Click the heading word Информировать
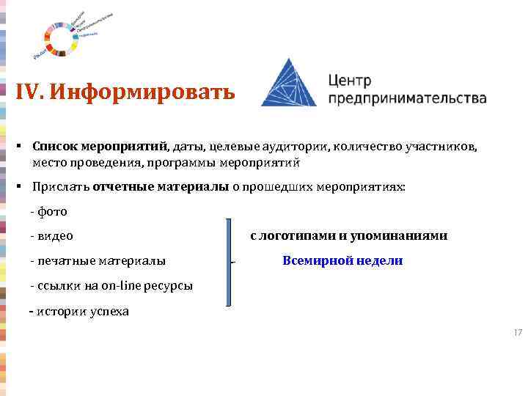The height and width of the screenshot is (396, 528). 143,92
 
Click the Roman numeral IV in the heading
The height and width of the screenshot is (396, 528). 30,92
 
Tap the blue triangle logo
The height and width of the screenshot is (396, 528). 289,83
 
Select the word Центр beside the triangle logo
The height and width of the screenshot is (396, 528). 350,80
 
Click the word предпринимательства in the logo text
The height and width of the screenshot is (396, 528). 407,98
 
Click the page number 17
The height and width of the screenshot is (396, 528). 518,333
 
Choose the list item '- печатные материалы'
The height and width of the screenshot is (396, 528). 98,260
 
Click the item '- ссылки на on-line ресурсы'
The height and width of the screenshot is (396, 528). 111,285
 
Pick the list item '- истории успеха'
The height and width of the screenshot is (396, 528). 79,311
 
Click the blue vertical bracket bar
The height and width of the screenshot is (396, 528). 230,261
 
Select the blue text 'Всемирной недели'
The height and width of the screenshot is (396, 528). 342,260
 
